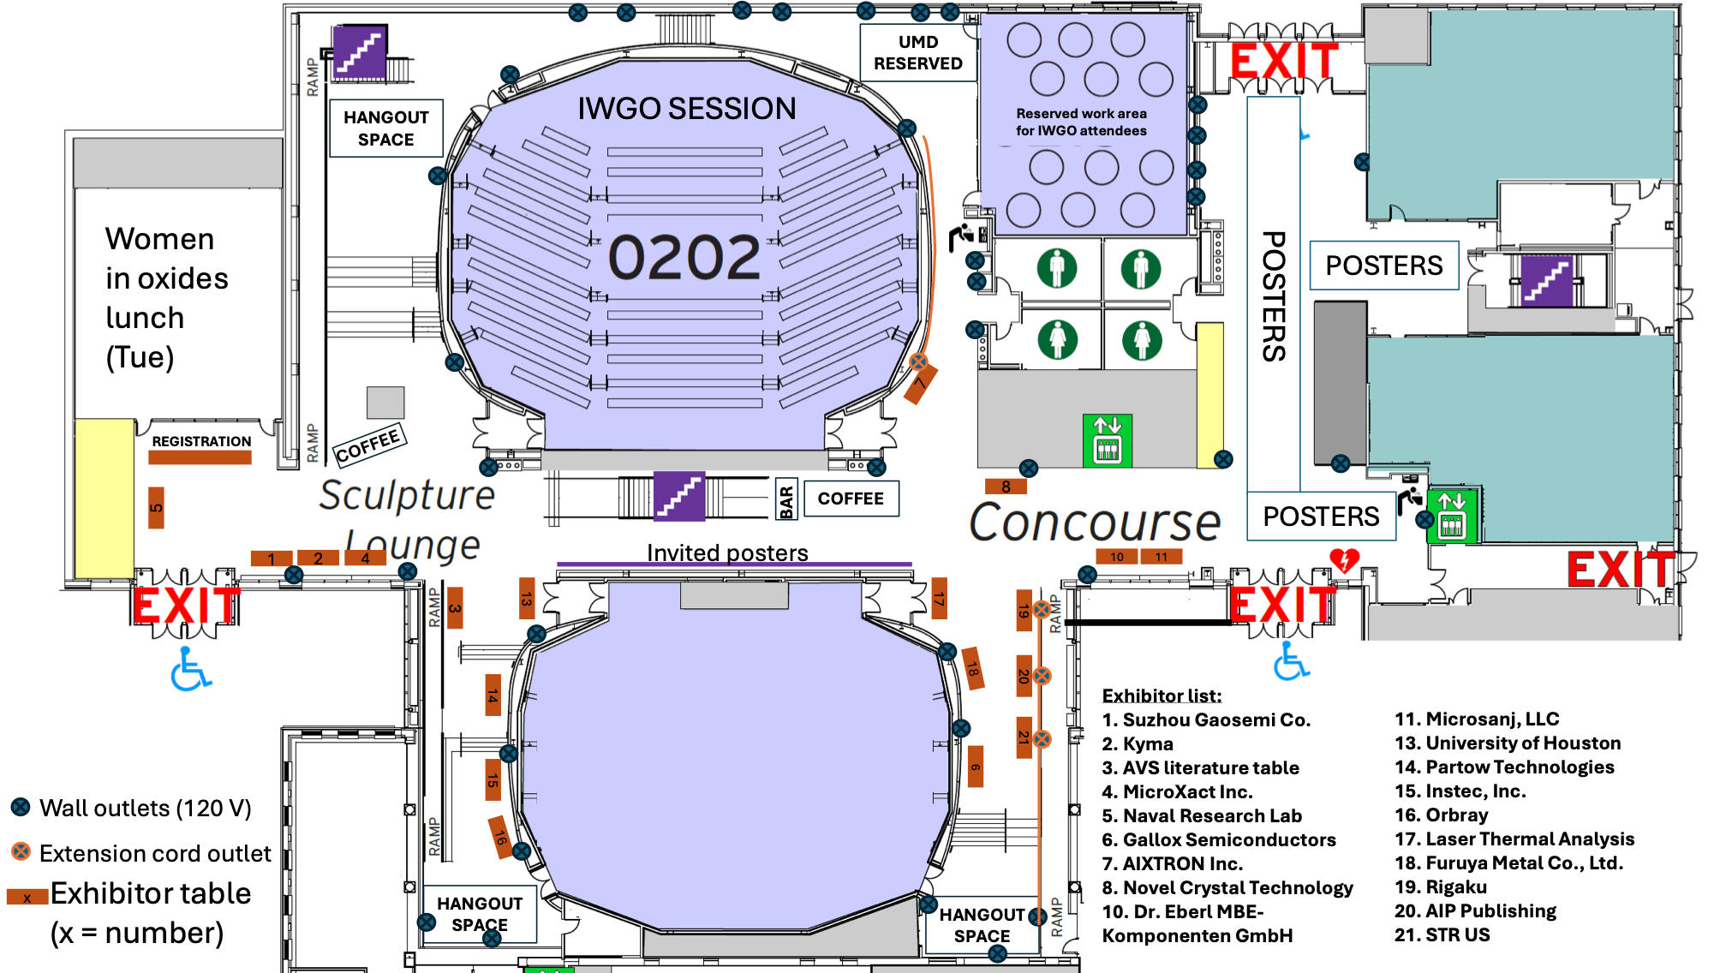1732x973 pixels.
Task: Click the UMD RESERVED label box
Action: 918,52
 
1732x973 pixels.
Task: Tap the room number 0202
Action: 684,257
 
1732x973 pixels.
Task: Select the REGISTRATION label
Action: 201,441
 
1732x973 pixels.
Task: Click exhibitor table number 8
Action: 1006,486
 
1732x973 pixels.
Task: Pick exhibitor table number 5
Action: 156,508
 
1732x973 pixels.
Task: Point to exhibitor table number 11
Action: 1162,557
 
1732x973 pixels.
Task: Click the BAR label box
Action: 786,499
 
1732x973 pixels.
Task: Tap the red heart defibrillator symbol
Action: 1344,560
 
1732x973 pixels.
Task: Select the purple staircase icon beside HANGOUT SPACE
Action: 360,51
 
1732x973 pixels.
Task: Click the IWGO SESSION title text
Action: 687,109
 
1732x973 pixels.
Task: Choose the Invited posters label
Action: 727,552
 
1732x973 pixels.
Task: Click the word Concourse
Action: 1095,522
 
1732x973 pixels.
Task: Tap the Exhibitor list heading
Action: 1162,695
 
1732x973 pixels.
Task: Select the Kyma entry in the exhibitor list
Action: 1138,743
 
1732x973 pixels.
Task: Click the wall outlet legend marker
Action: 21,807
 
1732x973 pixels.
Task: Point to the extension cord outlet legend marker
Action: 21,852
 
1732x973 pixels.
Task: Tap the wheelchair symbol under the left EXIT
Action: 190,669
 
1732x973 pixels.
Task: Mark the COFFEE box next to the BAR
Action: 851,498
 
